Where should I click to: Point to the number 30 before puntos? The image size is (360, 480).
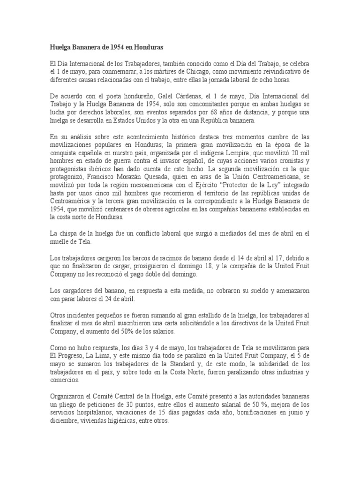tap(117, 405)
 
